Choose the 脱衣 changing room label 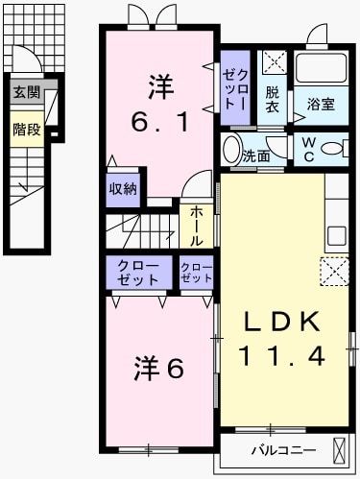click(273, 99)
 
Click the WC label click(310, 149)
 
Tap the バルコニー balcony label click(279, 449)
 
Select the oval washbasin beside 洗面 click(230, 151)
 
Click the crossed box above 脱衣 click(274, 64)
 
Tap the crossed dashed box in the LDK click(335, 272)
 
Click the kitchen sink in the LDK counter click(336, 235)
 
